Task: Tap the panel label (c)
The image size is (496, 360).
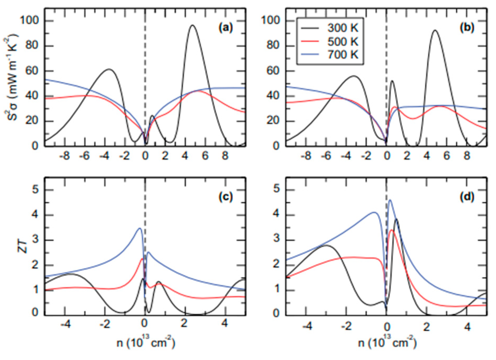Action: (226, 197)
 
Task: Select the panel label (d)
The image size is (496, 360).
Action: (467, 197)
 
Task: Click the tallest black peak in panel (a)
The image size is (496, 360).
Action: (192, 25)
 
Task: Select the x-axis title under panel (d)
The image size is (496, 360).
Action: (388, 343)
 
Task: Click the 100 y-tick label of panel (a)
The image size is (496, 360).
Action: (29, 21)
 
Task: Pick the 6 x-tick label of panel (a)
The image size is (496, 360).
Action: (205, 156)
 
